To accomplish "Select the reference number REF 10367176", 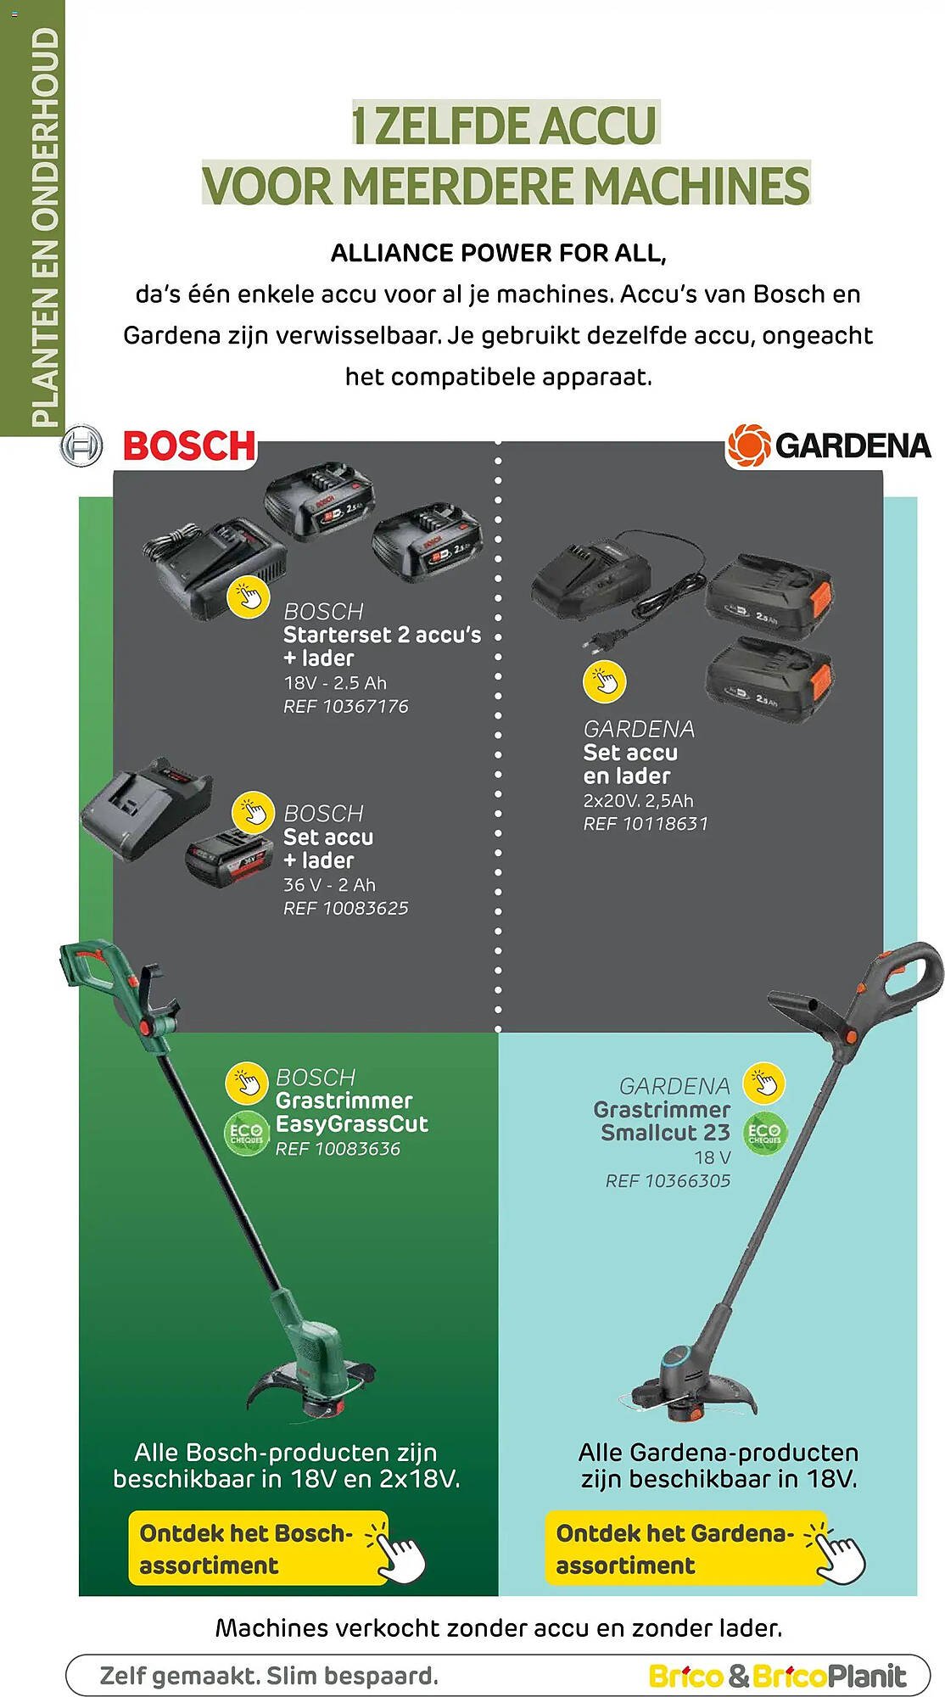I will click(x=345, y=707).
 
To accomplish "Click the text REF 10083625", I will click(x=345, y=909).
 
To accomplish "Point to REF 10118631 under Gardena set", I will click(x=645, y=824).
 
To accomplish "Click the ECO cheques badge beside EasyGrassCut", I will click(x=246, y=1134).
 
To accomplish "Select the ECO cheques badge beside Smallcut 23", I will click(x=764, y=1134).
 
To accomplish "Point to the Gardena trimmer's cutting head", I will click(x=691, y=1392).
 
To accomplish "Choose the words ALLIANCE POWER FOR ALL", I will click(x=498, y=253).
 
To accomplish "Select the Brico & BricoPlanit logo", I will click(x=776, y=1676).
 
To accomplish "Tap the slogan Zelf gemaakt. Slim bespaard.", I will click(x=269, y=1676).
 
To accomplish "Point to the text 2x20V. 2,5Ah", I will click(x=638, y=801).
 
